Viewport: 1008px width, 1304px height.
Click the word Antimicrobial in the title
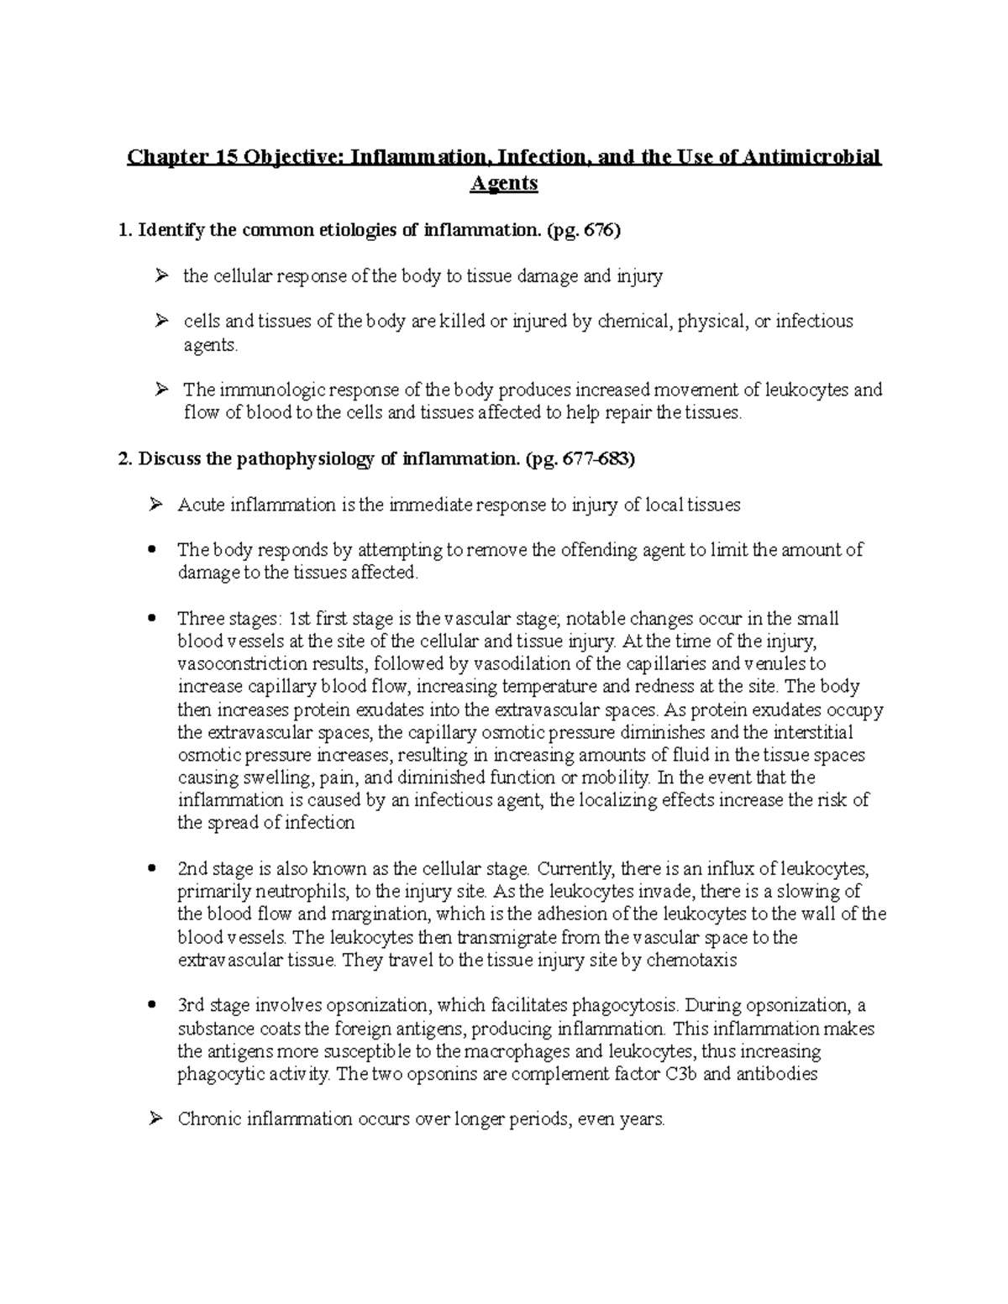click(x=812, y=157)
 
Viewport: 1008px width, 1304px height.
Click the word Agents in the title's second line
click(x=503, y=183)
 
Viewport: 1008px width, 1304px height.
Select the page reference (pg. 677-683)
click(x=580, y=459)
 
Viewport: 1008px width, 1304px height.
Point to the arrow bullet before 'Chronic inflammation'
click(x=155, y=1118)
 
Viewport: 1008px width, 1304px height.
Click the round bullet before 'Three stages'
click(x=152, y=619)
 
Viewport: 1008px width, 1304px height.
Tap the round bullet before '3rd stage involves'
click(x=152, y=1005)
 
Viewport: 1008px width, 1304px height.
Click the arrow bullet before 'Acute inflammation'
click(x=155, y=505)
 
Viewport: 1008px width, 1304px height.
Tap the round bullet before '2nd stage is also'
click(x=152, y=868)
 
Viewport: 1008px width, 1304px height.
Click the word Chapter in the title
click(x=160, y=157)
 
